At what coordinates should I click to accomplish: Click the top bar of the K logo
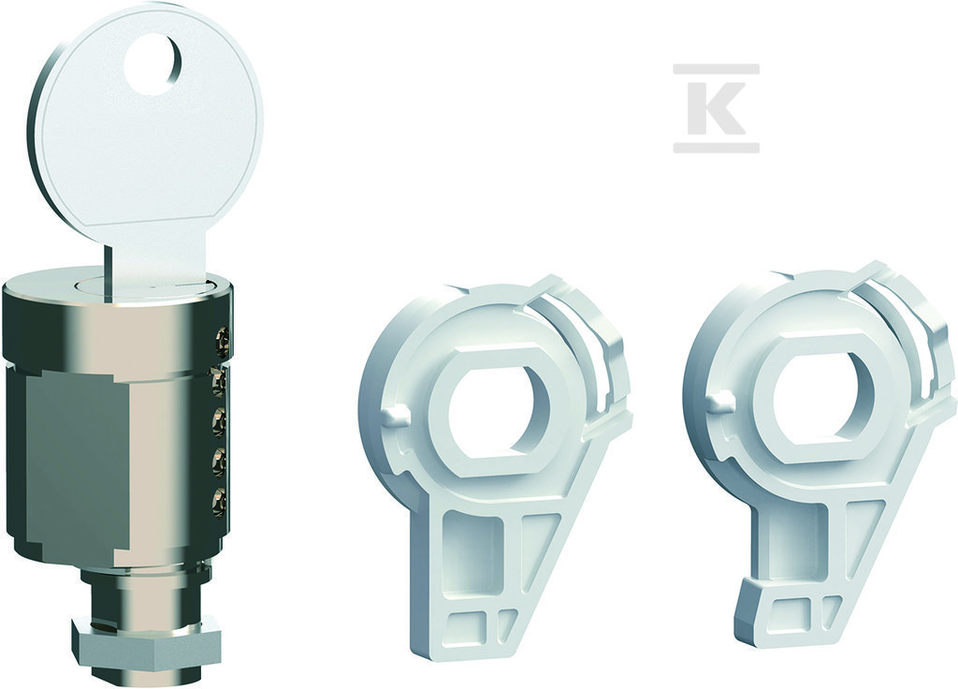(x=716, y=69)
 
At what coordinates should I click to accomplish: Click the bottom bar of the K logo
(x=716, y=147)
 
